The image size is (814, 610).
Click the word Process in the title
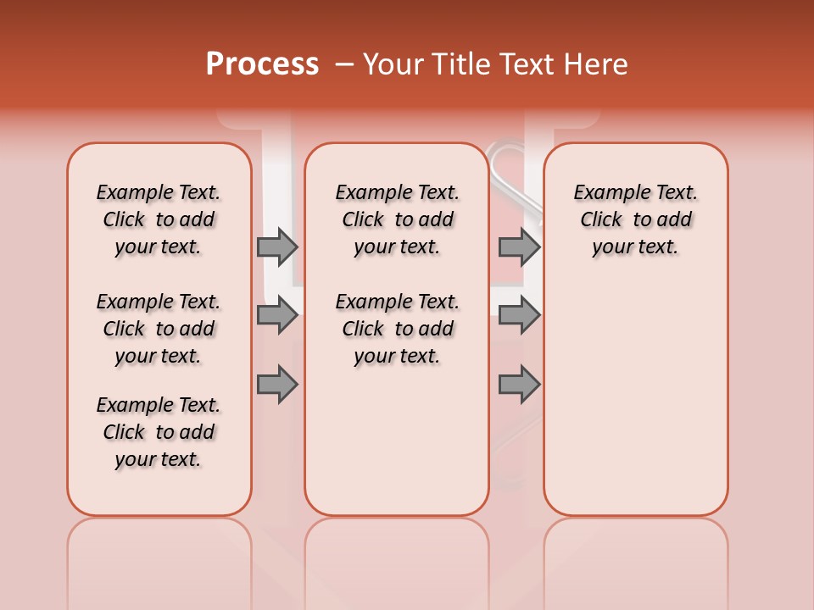262,64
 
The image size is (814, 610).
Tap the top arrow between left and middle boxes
277,247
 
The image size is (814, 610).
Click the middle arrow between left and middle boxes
277,315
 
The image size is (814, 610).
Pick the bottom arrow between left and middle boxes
277,384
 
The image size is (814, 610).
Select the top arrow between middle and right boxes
519,247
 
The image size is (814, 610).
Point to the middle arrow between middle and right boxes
519,315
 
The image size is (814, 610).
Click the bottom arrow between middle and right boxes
519,384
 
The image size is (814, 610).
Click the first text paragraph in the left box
159,219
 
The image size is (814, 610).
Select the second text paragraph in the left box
159,329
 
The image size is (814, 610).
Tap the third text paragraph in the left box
159,432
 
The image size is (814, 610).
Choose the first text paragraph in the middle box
398,219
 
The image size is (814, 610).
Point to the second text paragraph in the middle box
398,329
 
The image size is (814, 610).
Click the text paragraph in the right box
636,219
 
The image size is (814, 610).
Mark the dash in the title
344,64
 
